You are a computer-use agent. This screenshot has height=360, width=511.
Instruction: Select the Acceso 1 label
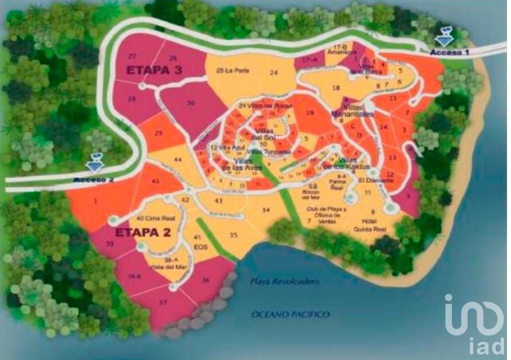point(450,52)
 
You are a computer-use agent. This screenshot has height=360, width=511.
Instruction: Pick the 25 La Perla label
point(231,71)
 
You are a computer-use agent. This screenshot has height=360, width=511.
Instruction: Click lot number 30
point(191,103)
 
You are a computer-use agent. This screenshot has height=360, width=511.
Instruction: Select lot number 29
point(159,133)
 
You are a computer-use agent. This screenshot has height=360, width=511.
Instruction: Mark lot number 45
point(155,182)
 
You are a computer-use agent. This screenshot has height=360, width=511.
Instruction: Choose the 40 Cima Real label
point(152,218)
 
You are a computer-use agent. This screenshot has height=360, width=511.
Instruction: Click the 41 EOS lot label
point(199,241)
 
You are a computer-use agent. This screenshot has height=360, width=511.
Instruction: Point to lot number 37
point(163,302)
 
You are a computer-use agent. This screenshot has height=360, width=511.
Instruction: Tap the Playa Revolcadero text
point(284,281)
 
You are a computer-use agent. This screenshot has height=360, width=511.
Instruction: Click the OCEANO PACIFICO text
point(290,314)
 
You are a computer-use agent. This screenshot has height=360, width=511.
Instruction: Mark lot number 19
point(310,114)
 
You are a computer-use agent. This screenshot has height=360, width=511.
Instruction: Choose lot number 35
point(233,235)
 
